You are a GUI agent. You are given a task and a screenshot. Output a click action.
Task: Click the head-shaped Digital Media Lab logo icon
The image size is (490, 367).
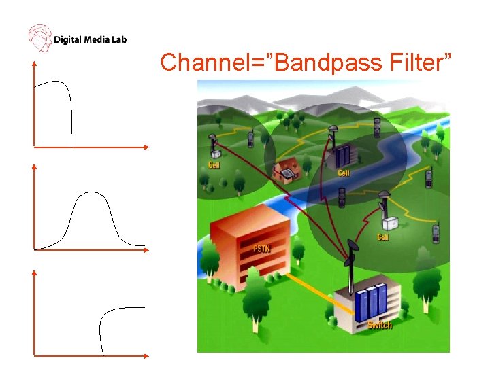pyautogui.click(x=39, y=38)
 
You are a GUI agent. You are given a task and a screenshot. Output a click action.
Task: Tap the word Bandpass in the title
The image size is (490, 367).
pyautogui.click(x=314, y=63)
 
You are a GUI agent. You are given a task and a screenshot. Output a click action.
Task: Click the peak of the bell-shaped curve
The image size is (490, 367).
pyautogui.click(x=91, y=193)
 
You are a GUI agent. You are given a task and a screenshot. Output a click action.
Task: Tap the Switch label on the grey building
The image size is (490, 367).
pyautogui.click(x=380, y=325)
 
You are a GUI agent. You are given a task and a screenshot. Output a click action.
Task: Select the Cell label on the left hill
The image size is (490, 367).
pyautogui.click(x=214, y=165)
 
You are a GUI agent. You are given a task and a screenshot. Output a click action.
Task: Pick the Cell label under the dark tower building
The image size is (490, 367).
pyautogui.click(x=344, y=173)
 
